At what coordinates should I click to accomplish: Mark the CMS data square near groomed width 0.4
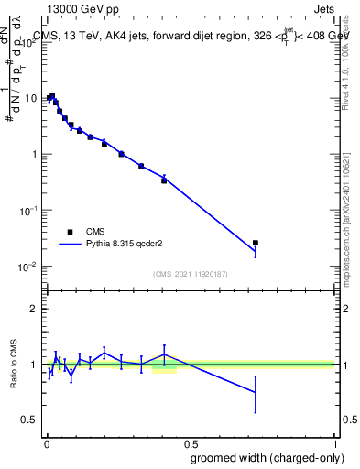click(164, 180)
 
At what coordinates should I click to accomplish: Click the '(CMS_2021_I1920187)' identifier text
click(190, 273)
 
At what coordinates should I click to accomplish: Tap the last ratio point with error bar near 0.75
click(256, 392)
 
